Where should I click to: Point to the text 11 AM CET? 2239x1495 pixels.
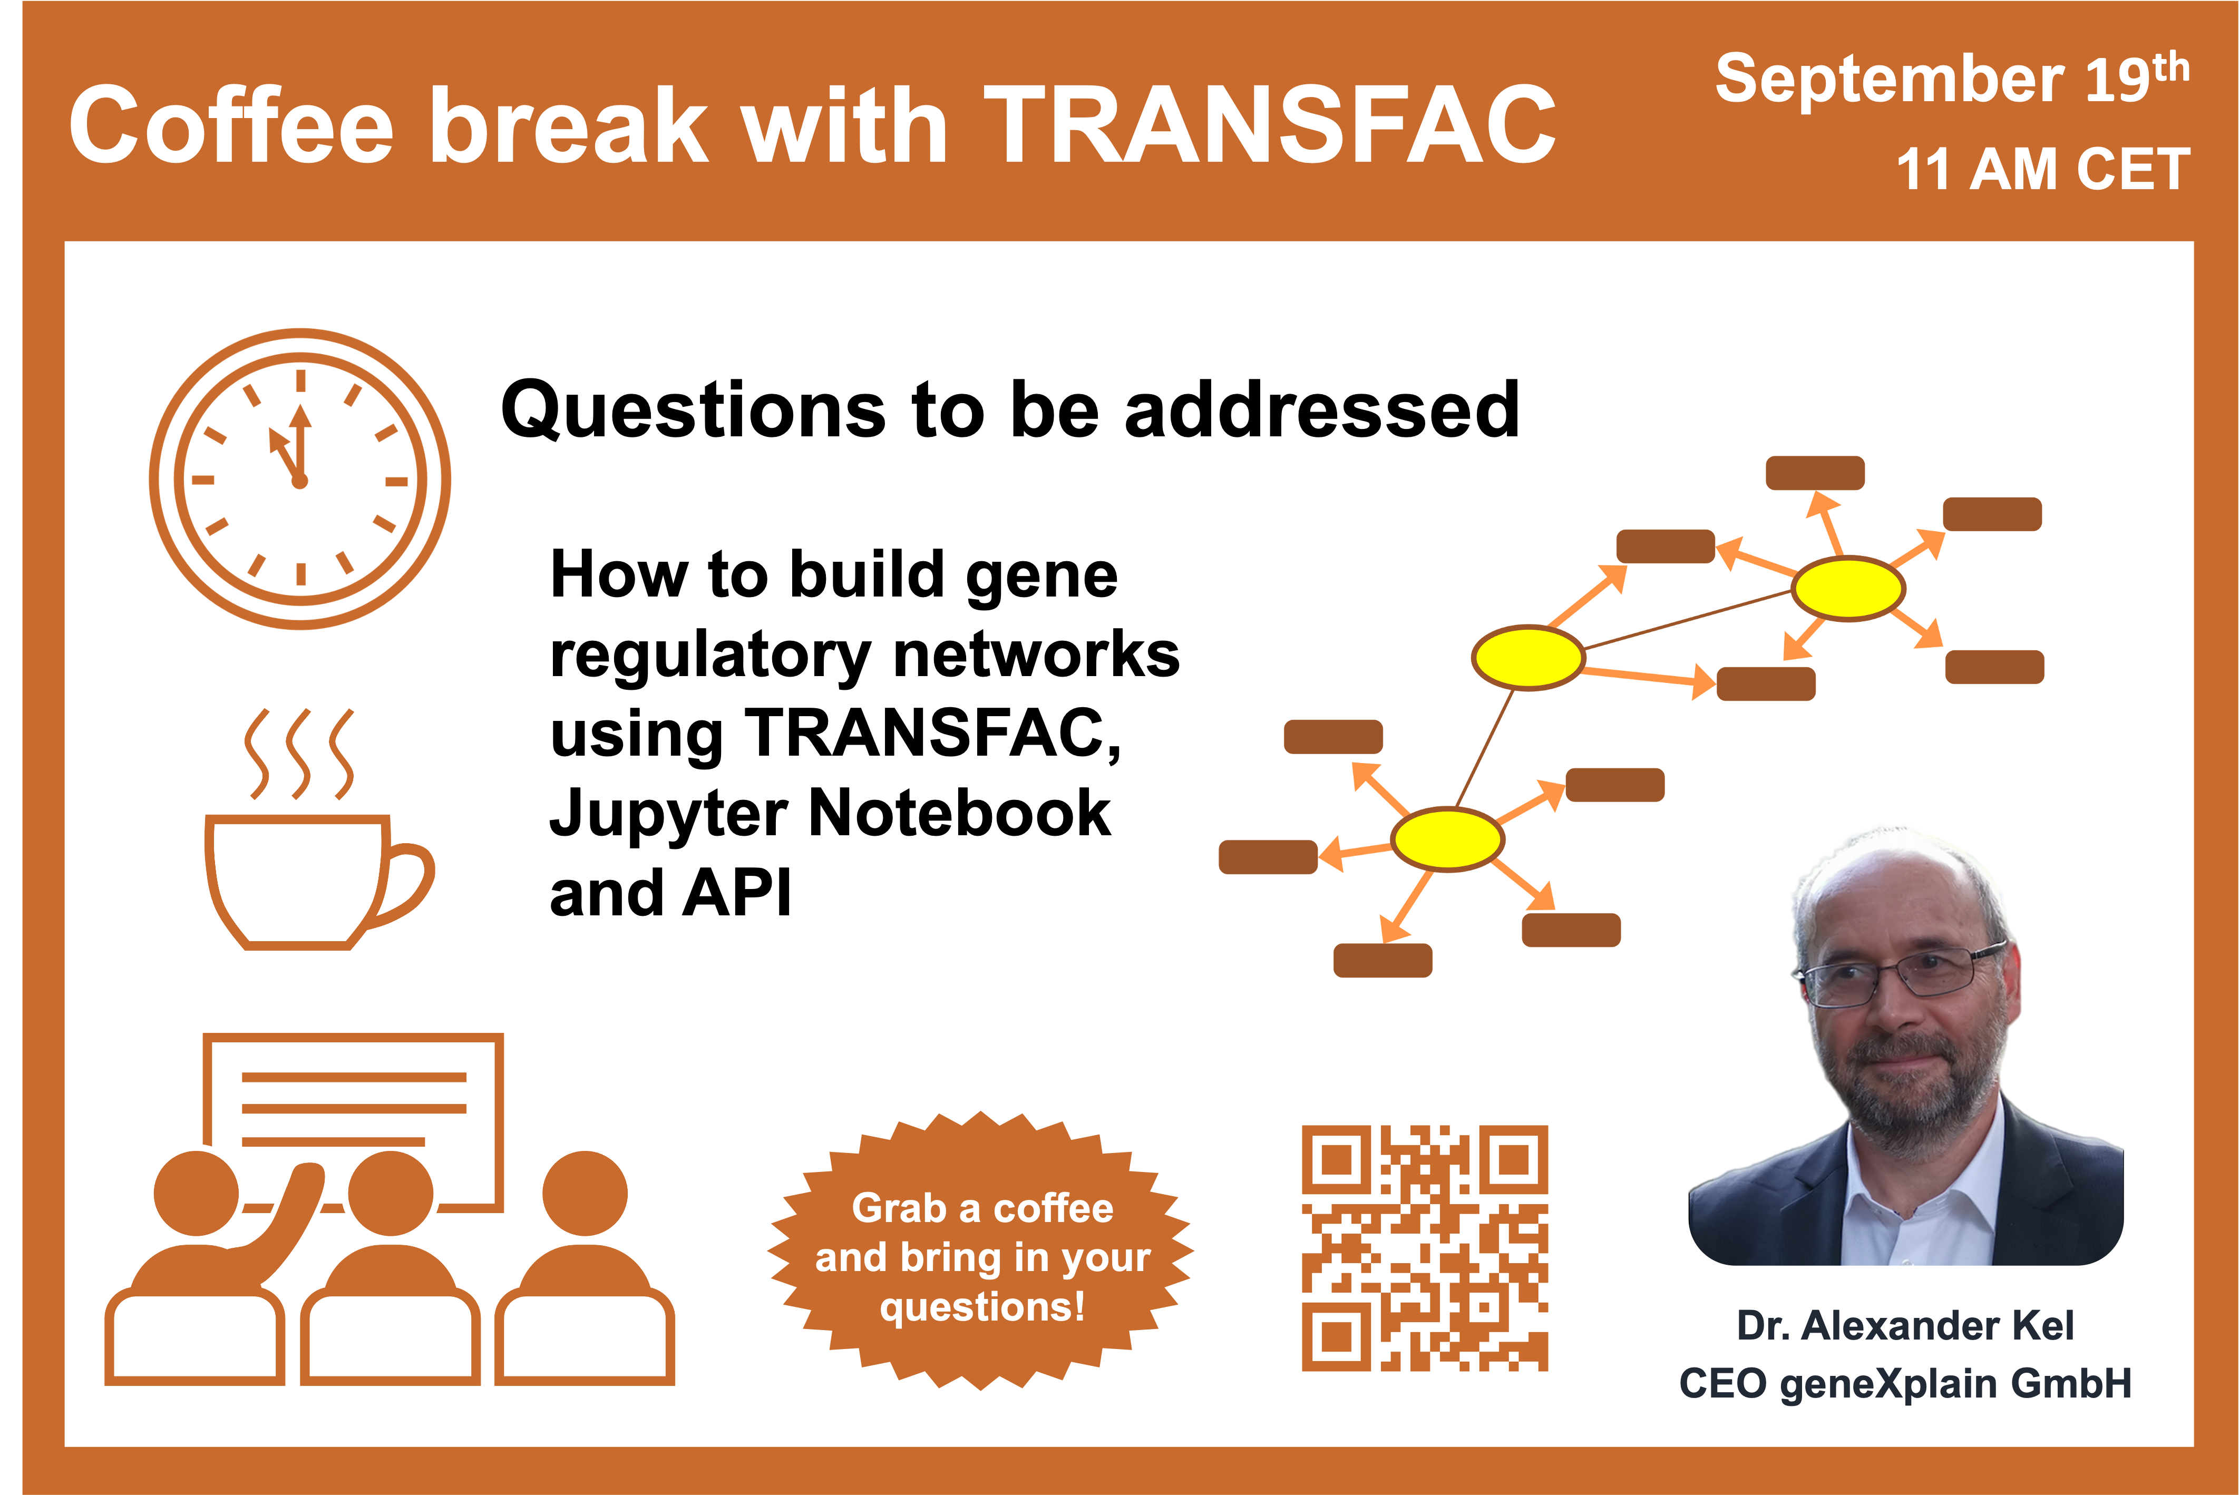tap(2042, 170)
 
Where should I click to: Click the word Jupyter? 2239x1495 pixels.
tap(667, 815)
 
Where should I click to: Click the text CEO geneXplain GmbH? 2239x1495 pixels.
tap(1905, 1383)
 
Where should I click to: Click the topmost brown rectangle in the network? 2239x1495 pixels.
tap(1815, 473)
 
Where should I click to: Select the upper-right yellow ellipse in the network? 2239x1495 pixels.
tap(1848, 588)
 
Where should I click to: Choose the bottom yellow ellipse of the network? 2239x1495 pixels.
tap(1447, 839)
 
